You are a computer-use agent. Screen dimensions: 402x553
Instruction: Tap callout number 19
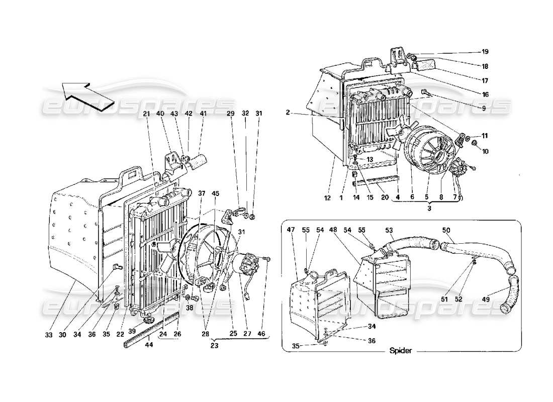(485, 52)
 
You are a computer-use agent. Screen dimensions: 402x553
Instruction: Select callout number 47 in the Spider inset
(291, 229)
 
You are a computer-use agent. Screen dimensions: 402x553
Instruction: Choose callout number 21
(146, 114)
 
